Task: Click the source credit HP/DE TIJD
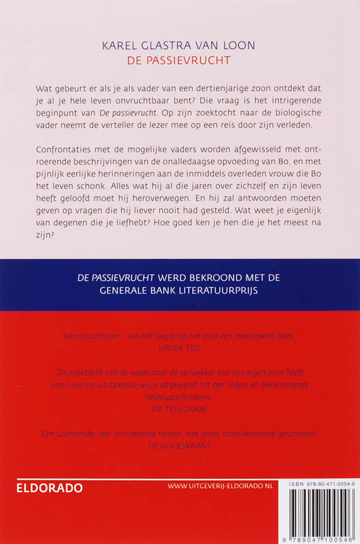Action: (180, 347)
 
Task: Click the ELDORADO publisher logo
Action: (50, 488)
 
